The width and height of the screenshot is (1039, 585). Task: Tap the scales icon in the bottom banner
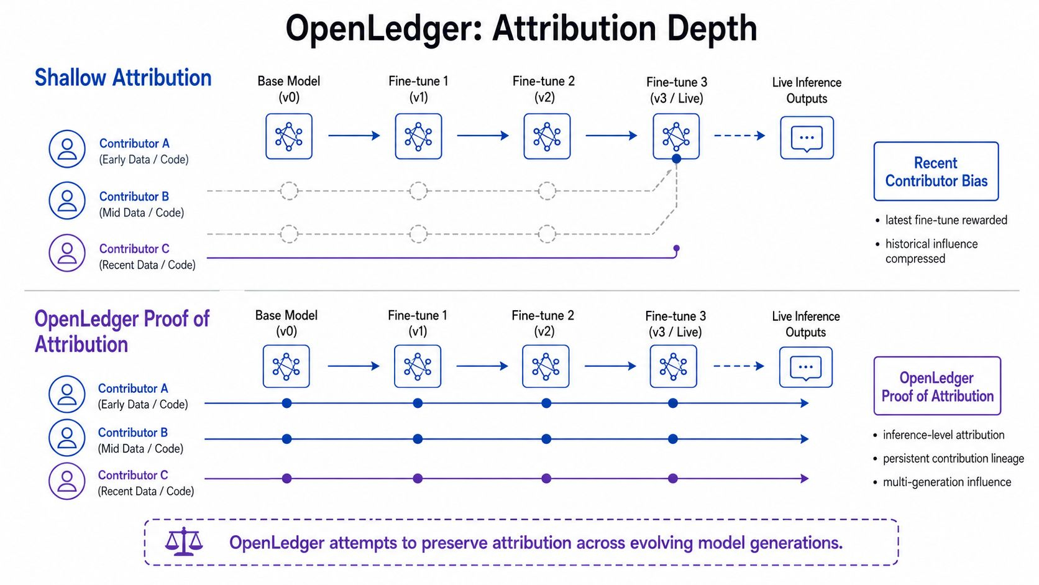184,541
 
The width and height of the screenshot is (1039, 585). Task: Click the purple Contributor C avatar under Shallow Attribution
67,253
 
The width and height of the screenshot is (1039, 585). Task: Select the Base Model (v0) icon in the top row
289,136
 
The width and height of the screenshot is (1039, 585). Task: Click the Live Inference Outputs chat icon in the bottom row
806,367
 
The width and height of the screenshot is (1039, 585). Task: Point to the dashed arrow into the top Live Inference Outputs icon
739,136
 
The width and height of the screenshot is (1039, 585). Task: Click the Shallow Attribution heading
123,78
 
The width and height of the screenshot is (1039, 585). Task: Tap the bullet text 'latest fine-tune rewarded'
946,220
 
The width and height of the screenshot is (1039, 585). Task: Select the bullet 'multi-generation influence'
946,482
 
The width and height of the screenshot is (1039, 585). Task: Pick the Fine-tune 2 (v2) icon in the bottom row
546,367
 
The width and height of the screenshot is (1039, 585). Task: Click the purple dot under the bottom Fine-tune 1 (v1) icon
418,478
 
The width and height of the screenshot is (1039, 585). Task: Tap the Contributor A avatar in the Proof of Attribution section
67,394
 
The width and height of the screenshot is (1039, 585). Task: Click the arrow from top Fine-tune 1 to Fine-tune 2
483,136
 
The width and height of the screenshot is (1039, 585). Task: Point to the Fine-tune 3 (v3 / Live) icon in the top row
676,136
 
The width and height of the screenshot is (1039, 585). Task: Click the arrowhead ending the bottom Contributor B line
805,439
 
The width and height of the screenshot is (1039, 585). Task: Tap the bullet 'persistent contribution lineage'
953,458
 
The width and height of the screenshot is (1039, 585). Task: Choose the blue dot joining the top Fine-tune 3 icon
677,159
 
